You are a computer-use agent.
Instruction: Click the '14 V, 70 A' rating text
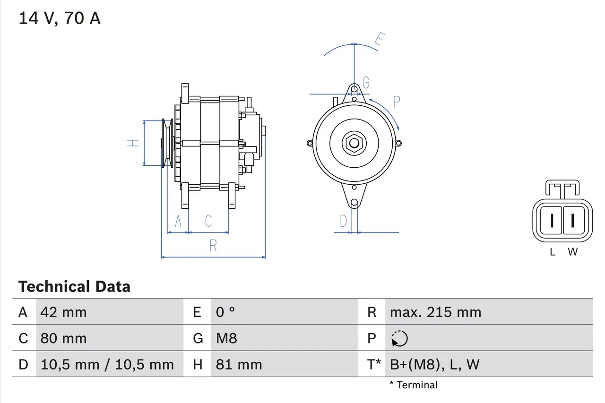click(x=59, y=18)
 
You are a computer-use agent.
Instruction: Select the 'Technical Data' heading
click(x=74, y=286)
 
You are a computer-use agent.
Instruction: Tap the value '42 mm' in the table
click(x=64, y=312)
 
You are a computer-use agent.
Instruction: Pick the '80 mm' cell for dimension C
click(x=64, y=338)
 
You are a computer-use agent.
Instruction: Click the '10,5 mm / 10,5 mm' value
click(x=107, y=364)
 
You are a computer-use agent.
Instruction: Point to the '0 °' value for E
click(x=225, y=312)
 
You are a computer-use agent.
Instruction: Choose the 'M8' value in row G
click(x=226, y=338)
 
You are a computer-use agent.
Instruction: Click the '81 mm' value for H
click(x=239, y=364)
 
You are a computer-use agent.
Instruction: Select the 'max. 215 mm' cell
click(x=435, y=312)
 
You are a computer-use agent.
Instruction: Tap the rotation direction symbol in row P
click(x=400, y=338)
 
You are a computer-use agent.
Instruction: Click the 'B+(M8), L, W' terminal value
click(x=434, y=364)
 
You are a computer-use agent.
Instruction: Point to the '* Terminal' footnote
click(x=414, y=385)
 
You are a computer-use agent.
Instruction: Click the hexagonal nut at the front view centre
click(x=354, y=143)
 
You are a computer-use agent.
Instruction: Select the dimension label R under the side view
click(x=213, y=246)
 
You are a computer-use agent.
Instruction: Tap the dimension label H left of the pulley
click(x=134, y=143)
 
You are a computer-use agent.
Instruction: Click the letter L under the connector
click(x=553, y=252)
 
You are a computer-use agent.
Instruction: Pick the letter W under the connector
click(x=572, y=252)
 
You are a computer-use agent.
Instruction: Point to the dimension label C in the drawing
click(x=208, y=221)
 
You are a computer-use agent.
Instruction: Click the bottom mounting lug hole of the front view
click(x=354, y=203)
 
